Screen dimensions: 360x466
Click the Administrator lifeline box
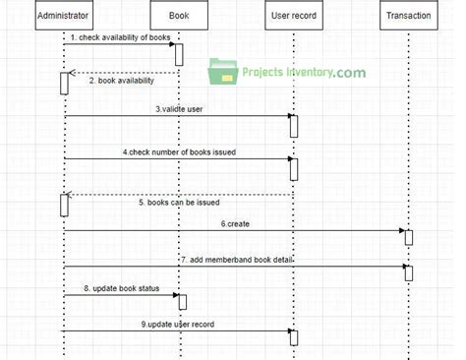point(64,16)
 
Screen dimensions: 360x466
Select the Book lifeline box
point(179,16)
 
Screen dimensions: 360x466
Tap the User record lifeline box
point(293,16)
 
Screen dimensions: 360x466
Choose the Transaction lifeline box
point(407,16)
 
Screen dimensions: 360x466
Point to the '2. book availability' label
point(122,81)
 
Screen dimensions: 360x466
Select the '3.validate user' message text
point(179,108)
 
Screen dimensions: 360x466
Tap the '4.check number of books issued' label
point(179,151)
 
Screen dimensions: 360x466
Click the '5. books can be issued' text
point(179,203)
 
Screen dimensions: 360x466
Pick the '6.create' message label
point(236,223)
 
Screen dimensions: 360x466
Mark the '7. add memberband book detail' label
point(236,259)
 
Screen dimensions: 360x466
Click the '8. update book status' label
point(122,287)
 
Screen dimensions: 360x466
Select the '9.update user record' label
point(179,324)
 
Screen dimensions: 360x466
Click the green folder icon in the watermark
point(221,71)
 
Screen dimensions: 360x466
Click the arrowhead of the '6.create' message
point(401,231)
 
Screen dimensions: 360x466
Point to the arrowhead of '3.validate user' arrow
point(286,116)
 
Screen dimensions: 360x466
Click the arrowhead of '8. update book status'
point(173,295)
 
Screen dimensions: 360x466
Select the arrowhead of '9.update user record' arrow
point(286,331)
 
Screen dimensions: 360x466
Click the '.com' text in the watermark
point(349,72)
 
